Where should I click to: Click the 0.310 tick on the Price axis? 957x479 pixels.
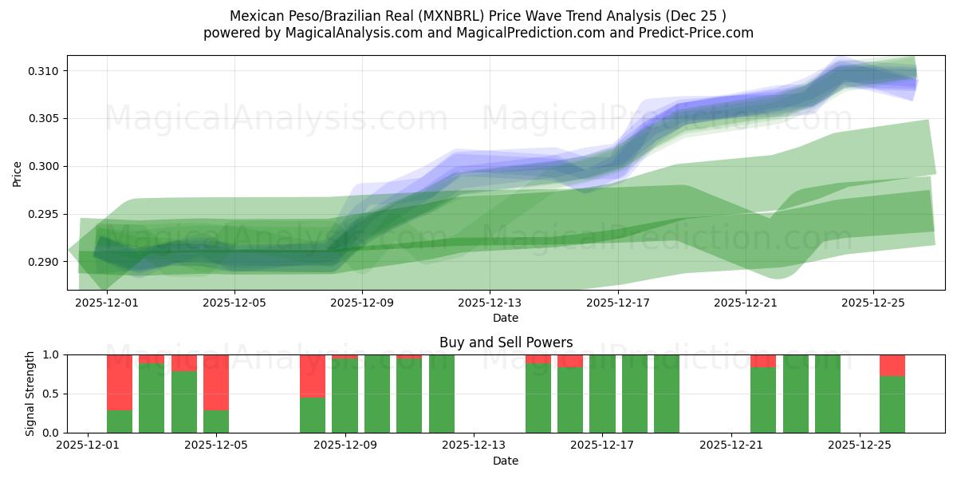tap(44, 71)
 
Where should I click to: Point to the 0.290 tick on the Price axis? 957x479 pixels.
tap(44, 262)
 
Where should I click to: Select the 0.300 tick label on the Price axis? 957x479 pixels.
tap(44, 166)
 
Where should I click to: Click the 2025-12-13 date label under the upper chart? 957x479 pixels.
tap(490, 303)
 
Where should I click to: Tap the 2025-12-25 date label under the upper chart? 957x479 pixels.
tap(872, 303)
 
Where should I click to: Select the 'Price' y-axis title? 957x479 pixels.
tap(18, 173)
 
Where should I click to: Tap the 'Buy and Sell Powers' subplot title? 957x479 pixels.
tap(506, 342)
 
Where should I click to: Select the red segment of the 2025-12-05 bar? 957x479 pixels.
tap(216, 382)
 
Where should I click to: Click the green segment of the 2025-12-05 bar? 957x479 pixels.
tap(216, 422)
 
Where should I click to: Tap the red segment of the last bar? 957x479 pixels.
tap(892, 365)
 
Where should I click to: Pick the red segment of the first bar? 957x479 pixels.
tap(120, 382)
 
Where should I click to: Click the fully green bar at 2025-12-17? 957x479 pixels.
tap(602, 394)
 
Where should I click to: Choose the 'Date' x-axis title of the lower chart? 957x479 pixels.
tap(506, 461)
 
